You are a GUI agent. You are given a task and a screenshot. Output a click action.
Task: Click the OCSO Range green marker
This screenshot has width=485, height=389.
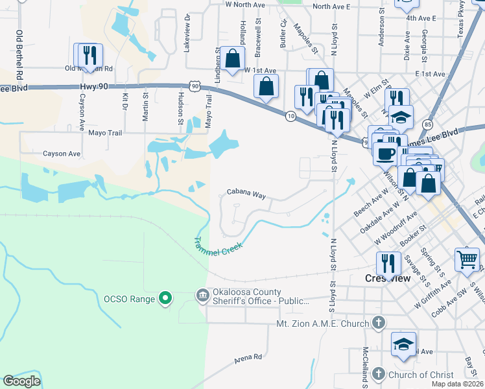[x=165, y=298]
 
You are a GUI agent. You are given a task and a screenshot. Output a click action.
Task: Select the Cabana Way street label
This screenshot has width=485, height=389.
[x=246, y=194]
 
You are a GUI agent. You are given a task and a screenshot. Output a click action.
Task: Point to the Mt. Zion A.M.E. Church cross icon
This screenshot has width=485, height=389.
[x=379, y=323]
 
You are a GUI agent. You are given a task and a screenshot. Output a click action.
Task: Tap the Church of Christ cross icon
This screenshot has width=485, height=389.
[x=379, y=374]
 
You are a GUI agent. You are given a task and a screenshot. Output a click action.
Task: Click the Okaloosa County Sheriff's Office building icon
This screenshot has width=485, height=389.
[x=203, y=296]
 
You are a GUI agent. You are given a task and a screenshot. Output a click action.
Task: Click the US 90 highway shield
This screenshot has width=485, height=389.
[x=195, y=86]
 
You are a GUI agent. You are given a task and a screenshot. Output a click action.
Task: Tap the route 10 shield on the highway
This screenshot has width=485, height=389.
[x=290, y=115]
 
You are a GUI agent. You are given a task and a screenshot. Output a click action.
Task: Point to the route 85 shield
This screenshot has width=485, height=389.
[x=426, y=123]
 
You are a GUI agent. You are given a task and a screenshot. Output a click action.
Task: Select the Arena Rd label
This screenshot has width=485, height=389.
[x=248, y=357]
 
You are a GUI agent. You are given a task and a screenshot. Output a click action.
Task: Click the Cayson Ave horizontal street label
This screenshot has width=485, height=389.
[x=62, y=154]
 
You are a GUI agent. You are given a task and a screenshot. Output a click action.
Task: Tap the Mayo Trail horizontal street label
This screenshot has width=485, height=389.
[x=105, y=132]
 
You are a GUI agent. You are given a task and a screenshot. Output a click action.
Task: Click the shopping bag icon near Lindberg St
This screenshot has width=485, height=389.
[x=232, y=58]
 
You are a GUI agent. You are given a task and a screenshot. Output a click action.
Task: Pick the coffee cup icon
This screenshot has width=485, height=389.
[x=385, y=154]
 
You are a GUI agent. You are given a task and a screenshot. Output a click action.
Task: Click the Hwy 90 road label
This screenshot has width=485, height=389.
[x=97, y=85]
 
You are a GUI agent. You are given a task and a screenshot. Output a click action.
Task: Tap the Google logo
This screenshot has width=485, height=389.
[x=22, y=381]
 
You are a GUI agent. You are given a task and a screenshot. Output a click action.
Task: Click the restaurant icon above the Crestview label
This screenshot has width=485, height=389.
[x=388, y=262]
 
